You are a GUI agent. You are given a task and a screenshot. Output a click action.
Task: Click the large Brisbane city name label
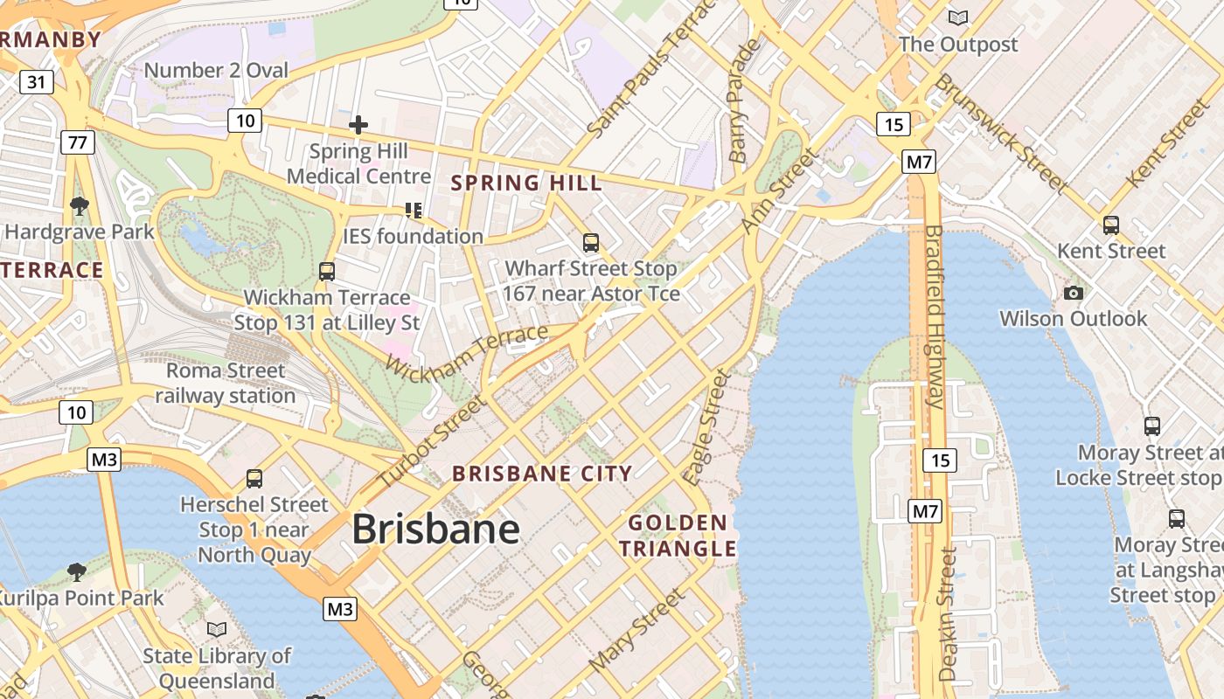point(435,529)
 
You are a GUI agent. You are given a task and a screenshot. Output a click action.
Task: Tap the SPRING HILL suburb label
point(526,183)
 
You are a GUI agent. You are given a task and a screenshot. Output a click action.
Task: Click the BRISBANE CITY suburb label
point(542,474)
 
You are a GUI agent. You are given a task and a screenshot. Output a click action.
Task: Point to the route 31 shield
point(36,82)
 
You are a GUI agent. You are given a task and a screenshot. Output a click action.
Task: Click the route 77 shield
point(77,142)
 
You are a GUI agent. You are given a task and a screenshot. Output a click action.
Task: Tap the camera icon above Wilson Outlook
point(1074,293)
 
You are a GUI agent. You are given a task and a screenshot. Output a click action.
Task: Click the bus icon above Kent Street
point(1110,225)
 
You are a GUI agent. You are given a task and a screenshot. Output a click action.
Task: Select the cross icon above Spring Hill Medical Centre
point(358,125)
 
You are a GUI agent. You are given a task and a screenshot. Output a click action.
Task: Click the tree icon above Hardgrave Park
point(80,206)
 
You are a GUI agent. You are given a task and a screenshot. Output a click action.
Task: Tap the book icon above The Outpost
point(958,17)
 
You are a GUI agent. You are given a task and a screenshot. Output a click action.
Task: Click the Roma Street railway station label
point(226,383)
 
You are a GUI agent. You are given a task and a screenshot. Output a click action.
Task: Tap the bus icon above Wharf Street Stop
point(591,243)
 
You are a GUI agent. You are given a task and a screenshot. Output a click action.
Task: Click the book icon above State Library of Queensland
point(217,629)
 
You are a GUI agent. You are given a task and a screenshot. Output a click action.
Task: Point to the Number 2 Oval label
point(216,70)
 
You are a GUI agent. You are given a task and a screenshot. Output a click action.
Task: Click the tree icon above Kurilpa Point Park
point(77,572)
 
